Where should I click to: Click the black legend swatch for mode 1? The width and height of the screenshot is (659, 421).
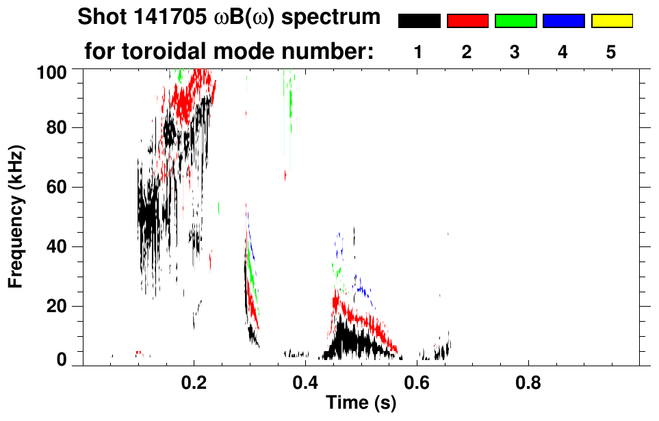click(419, 21)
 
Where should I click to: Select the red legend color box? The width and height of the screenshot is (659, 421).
click(467, 21)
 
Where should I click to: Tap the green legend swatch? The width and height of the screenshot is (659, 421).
click(515, 21)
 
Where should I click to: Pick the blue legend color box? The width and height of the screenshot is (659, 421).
click(563, 21)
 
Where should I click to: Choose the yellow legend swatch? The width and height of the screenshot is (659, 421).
click(611, 21)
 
